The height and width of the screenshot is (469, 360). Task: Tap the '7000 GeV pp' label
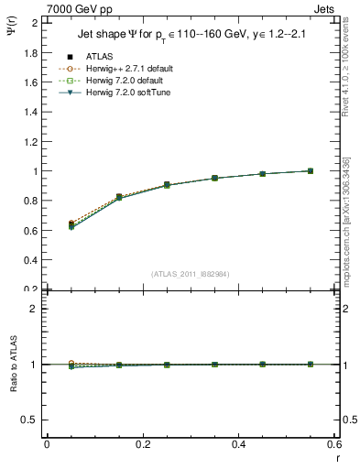[79, 9]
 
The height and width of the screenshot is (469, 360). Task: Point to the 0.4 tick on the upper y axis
[31, 260]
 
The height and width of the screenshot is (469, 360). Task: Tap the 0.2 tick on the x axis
[142, 445]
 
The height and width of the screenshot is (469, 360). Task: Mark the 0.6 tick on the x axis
[334, 445]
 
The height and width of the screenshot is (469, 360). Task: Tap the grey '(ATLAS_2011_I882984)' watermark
[191, 273]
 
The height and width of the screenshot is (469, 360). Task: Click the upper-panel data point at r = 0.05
[71, 224]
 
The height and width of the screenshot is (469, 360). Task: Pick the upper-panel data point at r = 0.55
[311, 171]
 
